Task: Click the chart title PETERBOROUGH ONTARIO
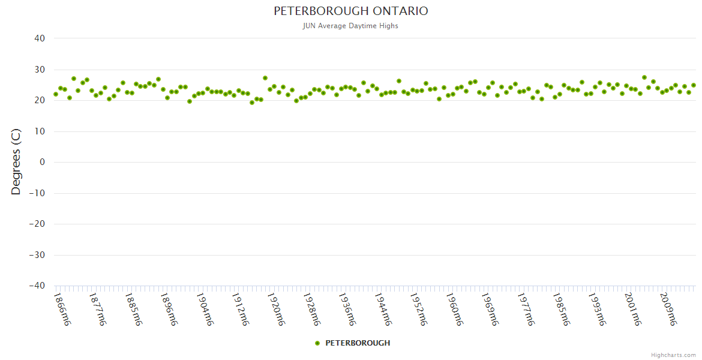pos(351,11)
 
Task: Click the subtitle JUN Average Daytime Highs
pos(351,26)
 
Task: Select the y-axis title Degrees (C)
pos(16,162)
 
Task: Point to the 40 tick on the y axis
pos(40,38)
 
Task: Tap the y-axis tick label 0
pos(43,162)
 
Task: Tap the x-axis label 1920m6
pos(276,309)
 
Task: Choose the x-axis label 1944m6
pos(383,309)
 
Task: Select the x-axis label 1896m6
pos(170,309)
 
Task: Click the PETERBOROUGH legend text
pos(358,343)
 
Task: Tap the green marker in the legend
pos(317,343)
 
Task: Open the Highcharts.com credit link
pos(673,355)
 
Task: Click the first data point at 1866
pos(56,94)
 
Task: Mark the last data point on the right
pos(693,85)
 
